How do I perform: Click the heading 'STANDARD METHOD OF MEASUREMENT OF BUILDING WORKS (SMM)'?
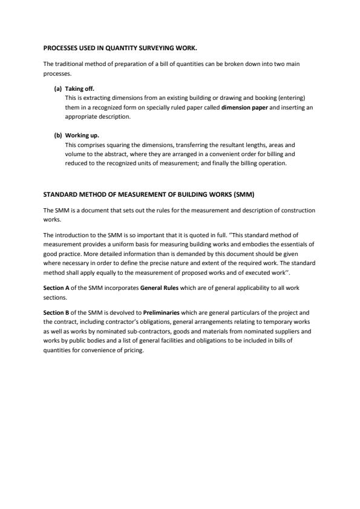pyautogui.click(x=152, y=195)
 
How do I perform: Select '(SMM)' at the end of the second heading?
pyautogui.click(x=250, y=195)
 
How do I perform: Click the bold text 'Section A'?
pyautogui.click(x=56, y=289)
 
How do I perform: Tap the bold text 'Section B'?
pyautogui.click(x=56, y=312)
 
